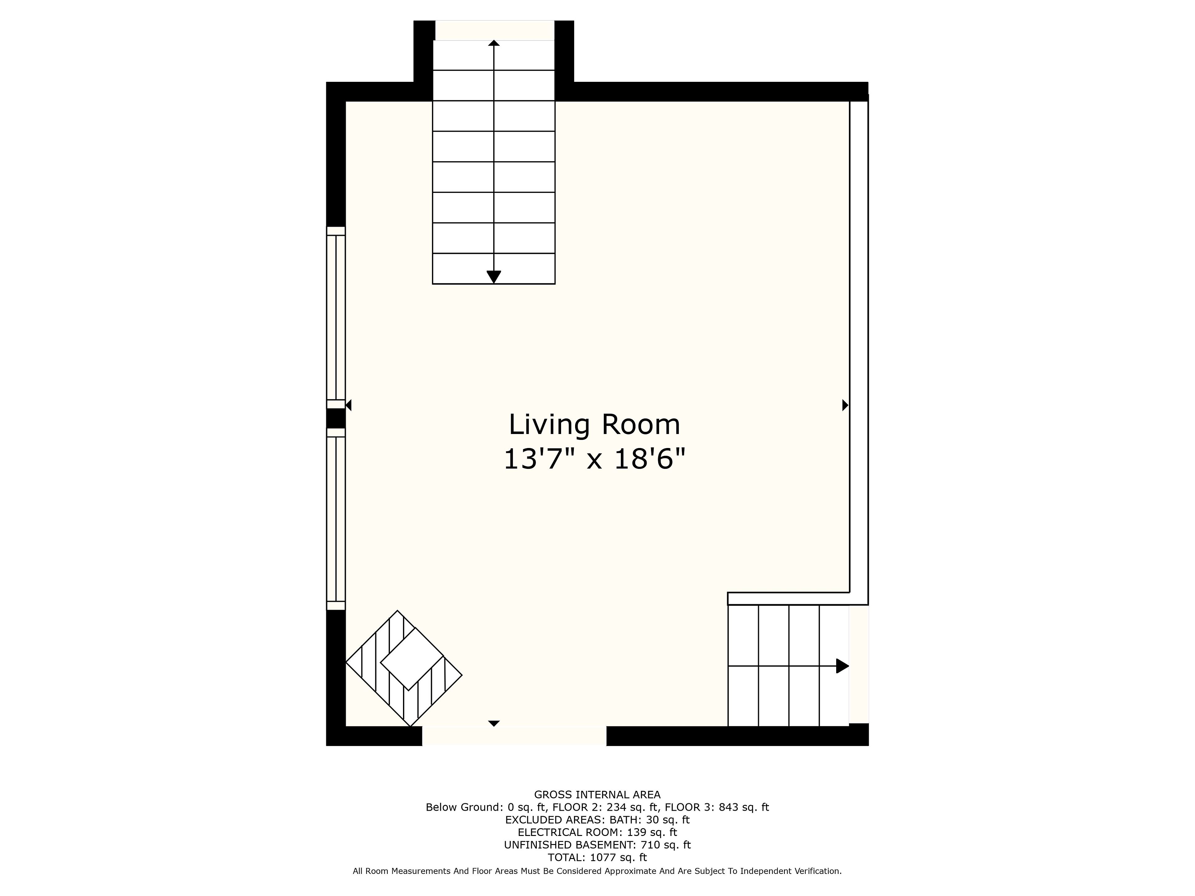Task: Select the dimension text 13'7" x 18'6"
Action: coord(594,459)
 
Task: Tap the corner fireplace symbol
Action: coord(404,669)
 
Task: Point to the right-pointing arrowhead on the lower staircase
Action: coord(842,666)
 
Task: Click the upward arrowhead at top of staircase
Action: coord(494,43)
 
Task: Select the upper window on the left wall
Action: coord(335,318)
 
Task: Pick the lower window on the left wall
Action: coord(335,519)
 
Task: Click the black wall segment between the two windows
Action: coord(335,418)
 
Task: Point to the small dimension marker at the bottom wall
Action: coord(494,723)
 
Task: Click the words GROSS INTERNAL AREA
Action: coord(597,795)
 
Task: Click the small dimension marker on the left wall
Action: coord(349,405)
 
